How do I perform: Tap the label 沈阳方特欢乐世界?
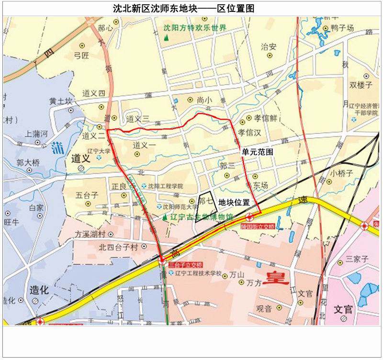click(x=194, y=28)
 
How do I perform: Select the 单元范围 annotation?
click(x=258, y=152)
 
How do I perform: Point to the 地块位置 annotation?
click(x=234, y=203)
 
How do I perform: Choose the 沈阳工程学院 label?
click(x=165, y=186)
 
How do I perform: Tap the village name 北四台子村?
click(x=118, y=247)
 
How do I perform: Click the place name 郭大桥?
click(x=28, y=163)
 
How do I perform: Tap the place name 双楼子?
click(x=360, y=85)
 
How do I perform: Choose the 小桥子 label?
click(x=341, y=173)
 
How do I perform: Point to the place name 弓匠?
click(x=81, y=56)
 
